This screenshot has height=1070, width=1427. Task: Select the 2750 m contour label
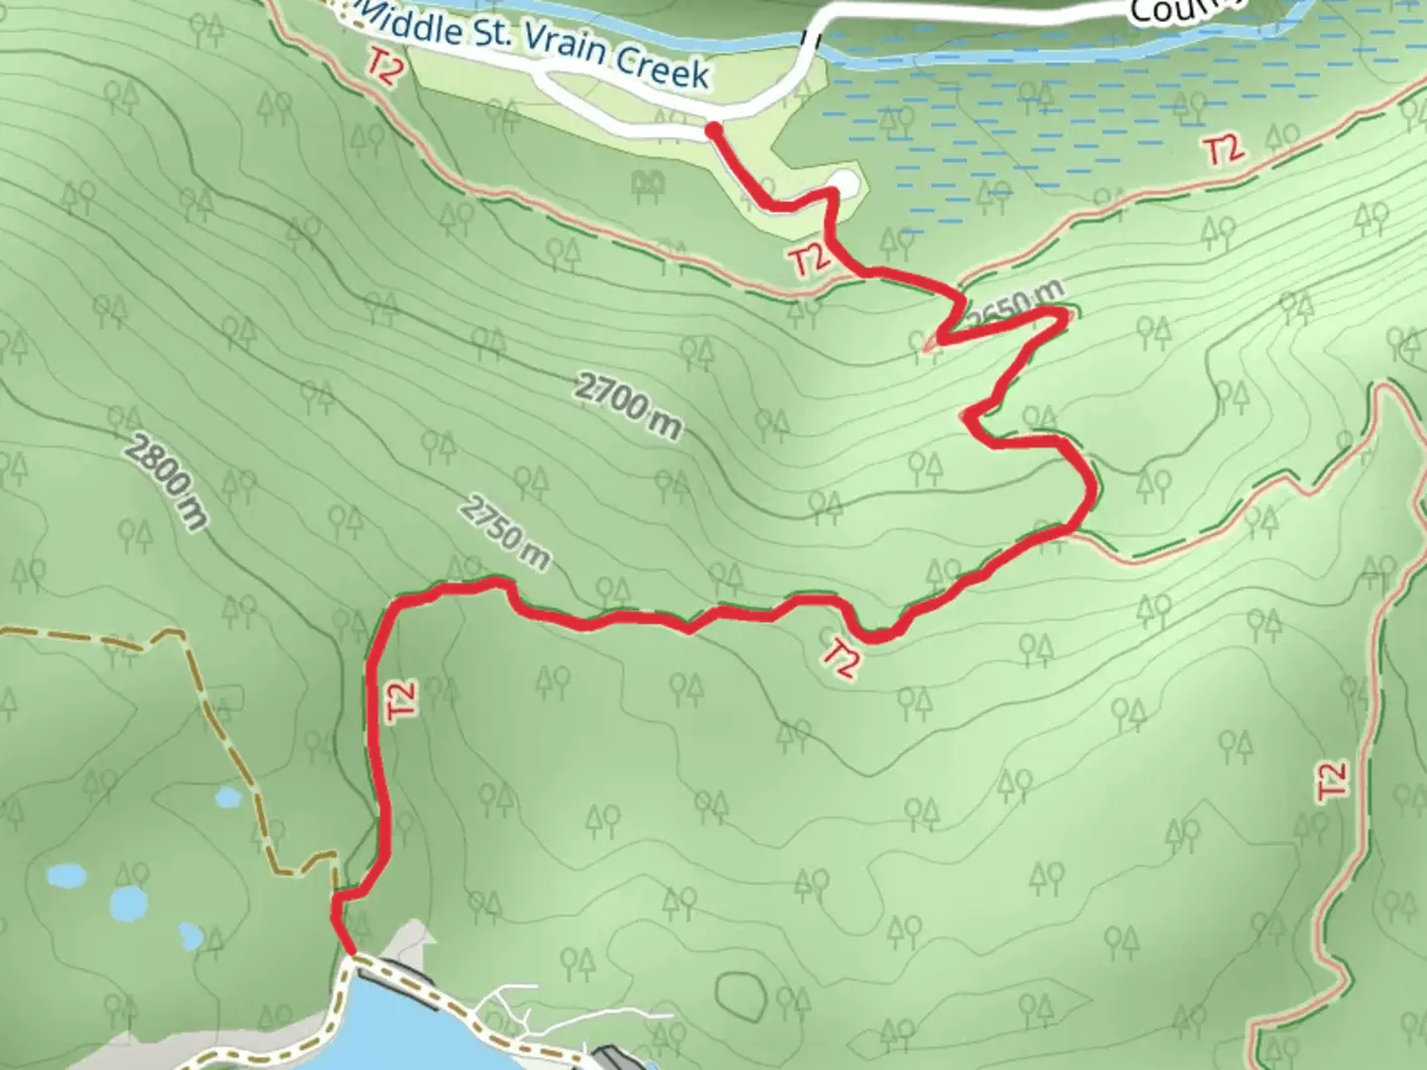click(504, 534)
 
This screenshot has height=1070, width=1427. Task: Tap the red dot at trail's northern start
click(713, 129)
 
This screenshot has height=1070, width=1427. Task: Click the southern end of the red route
click(351, 953)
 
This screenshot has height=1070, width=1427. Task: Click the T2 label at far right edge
click(1334, 780)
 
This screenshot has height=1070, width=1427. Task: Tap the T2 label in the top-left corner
click(383, 67)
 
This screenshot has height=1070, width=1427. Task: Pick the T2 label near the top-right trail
click(1224, 151)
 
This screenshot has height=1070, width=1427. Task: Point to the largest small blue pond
click(130, 903)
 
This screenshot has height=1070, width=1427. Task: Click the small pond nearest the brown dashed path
click(229, 797)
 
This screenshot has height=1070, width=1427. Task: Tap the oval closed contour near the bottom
click(737, 990)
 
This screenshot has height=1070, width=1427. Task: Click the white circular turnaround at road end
click(843, 182)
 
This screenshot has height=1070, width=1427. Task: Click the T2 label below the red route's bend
click(839, 658)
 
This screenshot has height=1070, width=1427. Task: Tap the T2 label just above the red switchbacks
click(809, 261)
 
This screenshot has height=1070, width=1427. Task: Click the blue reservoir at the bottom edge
click(396, 1030)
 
